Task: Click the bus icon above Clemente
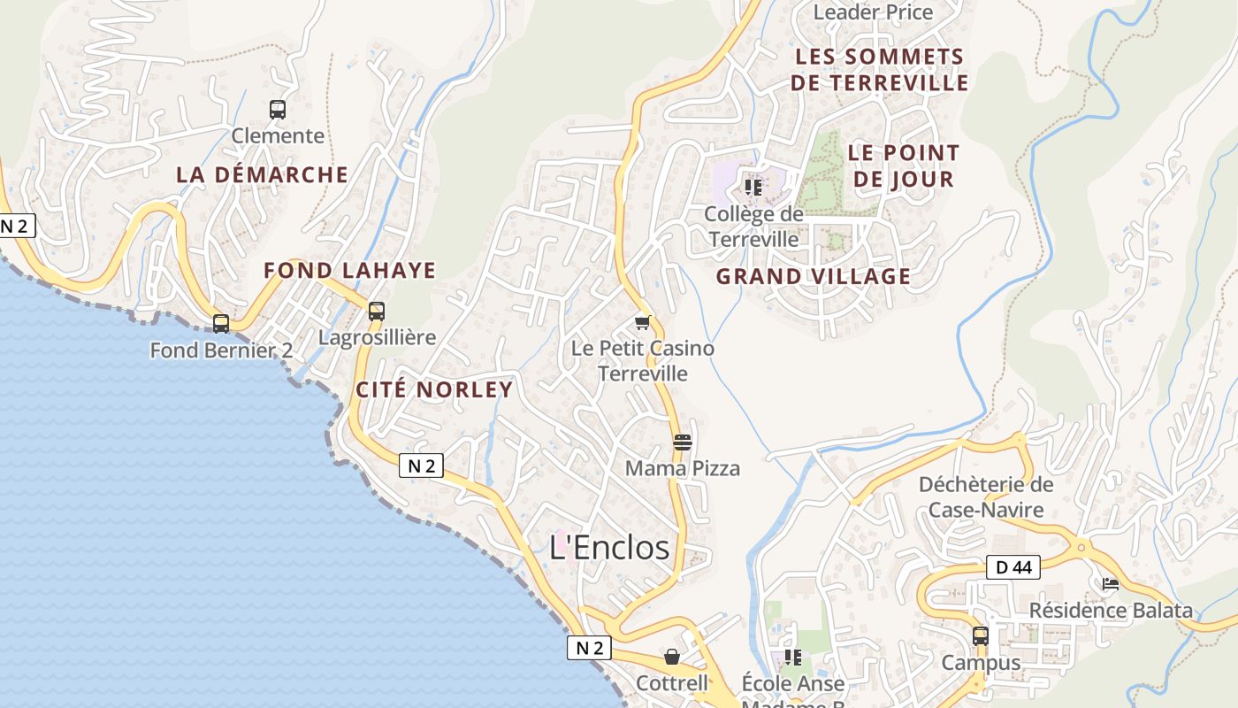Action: click(278, 110)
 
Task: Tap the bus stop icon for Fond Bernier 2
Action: click(221, 324)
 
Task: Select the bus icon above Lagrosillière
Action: click(377, 312)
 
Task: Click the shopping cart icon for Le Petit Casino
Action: click(643, 322)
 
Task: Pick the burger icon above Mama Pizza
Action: click(682, 442)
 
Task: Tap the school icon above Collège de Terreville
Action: click(753, 188)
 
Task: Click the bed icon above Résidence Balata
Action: click(1111, 584)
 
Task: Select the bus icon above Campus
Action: click(981, 636)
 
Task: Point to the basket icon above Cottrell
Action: click(672, 657)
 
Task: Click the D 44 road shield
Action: click(1013, 568)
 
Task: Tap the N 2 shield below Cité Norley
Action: click(421, 466)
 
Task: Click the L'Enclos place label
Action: click(609, 548)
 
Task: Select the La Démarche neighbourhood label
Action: click(263, 174)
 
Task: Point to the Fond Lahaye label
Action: click(350, 271)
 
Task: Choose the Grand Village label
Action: click(814, 276)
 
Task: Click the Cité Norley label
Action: click(434, 390)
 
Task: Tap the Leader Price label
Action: click(873, 12)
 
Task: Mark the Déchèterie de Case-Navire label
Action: click(986, 497)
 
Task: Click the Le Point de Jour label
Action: click(903, 165)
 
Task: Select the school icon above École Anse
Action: click(793, 658)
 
